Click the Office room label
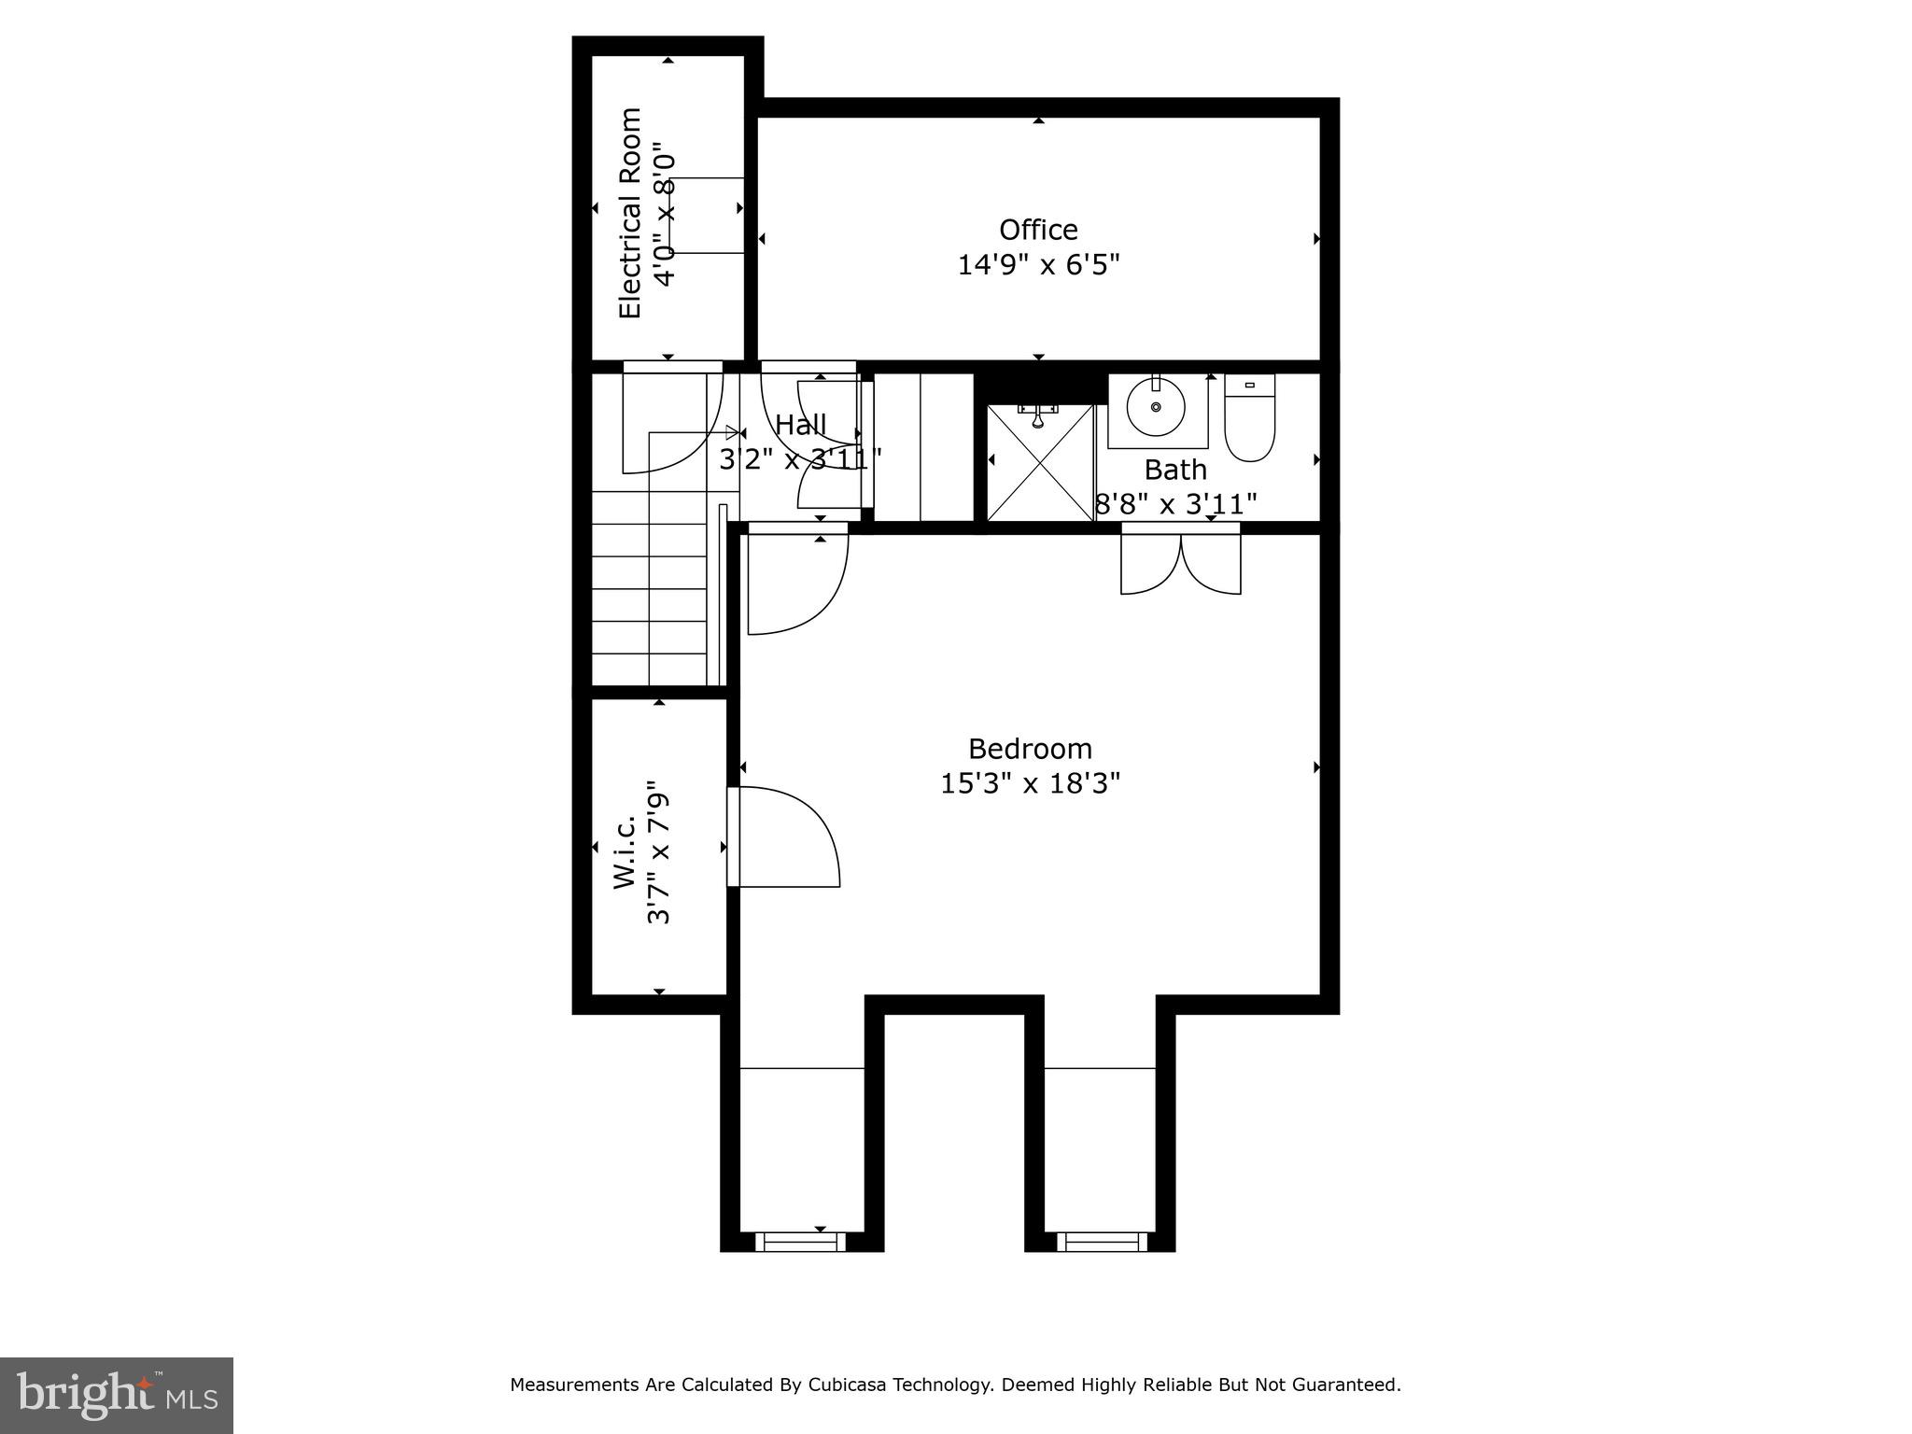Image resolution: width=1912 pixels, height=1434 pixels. click(1038, 230)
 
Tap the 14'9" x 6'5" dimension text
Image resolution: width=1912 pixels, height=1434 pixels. click(1038, 265)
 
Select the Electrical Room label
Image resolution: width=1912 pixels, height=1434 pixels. click(631, 214)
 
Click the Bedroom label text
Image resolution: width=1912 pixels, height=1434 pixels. click(1030, 749)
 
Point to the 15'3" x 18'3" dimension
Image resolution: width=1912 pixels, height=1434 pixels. click(1030, 783)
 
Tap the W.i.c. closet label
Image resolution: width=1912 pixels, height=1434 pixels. click(626, 851)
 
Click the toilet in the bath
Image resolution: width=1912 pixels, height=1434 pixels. click(1249, 420)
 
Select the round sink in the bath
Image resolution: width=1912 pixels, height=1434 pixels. click(1156, 408)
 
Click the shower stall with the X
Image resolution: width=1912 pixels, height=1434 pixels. click(1040, 462)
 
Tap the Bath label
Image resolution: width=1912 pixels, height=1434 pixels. click(1175, 470)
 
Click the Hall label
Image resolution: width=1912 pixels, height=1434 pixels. click(801, 426)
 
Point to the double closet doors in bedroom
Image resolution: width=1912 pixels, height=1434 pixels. click(1181, 563)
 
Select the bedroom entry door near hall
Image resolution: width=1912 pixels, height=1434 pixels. click(795, 579)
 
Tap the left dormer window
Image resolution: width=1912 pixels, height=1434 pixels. click(800, 1242)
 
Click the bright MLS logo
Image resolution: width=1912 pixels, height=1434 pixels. click(116, 1395)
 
